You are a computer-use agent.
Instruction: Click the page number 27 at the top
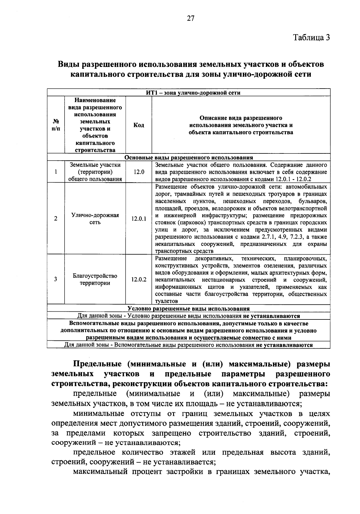click(x=190, y=19)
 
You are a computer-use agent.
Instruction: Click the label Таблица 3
click(x=311, y=38)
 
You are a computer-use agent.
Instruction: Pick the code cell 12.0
click(x=139, y=172)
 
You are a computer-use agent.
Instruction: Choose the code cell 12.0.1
click(x=139, y=219)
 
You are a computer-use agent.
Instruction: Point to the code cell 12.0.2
click(x=139, y=279)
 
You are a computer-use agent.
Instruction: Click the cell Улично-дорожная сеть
click(x=95, y=219)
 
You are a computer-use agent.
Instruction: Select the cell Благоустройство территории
click(x=95, y=279)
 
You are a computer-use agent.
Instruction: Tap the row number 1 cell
click(x=56, y=172)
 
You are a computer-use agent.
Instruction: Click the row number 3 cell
click(x=56, y=279)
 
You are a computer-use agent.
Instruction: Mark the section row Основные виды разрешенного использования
click(x=189, y=158)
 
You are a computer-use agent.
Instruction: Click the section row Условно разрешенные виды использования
click(x=189, y=308)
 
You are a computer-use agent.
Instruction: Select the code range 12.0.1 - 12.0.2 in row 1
click(x=293, y=179)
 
